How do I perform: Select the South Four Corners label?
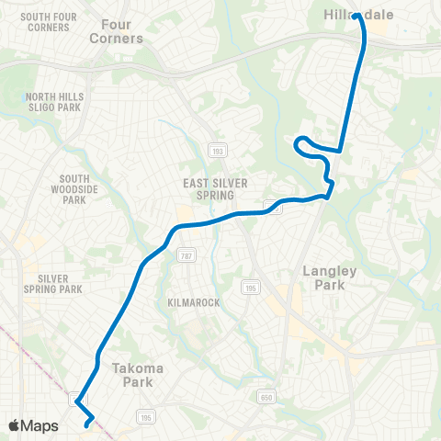36,21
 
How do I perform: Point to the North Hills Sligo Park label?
54,102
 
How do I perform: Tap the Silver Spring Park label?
61,283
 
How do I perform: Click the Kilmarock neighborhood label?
193,302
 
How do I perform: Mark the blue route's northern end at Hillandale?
356,16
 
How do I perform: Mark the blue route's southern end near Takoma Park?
87,424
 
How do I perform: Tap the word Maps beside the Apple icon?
40,425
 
